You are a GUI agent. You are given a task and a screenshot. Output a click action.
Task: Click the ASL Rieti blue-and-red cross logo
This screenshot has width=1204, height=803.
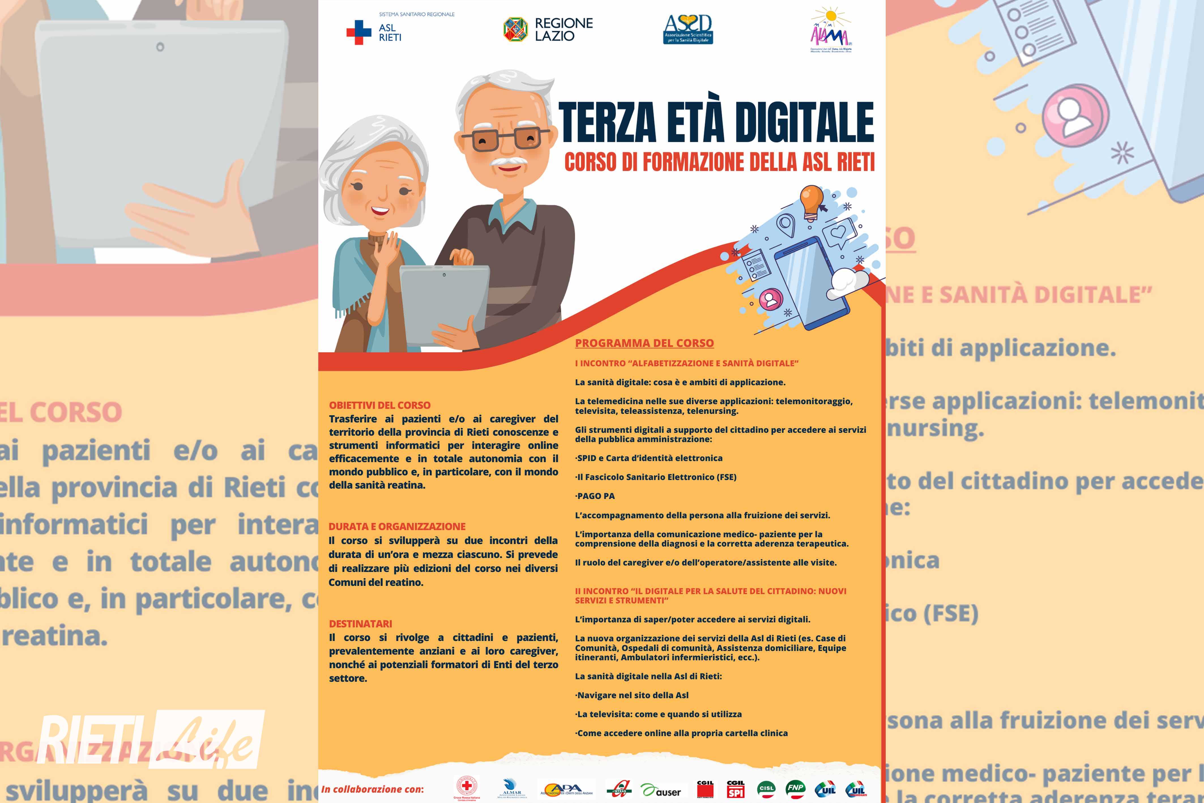(x=359, y=32)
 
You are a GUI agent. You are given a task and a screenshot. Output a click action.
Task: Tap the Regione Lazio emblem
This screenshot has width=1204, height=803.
(x=515, y=29)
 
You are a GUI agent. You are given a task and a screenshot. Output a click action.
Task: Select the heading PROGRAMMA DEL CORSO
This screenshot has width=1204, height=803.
(x=644, y=343)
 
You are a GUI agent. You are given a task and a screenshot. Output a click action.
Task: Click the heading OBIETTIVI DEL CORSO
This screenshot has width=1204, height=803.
(x=379, y=405)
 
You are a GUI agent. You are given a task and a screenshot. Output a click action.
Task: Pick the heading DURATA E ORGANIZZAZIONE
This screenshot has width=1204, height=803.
(x=397, y=527)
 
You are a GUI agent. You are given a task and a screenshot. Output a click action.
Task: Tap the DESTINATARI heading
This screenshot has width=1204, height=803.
(x=360, y=624)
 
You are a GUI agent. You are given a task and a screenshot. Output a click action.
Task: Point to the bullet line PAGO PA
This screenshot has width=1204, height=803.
(x=595, y=496)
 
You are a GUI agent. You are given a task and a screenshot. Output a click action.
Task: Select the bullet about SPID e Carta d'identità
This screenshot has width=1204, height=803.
(x=649, y=458)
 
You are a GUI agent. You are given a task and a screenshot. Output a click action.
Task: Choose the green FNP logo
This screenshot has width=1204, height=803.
(x=795, y=789)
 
